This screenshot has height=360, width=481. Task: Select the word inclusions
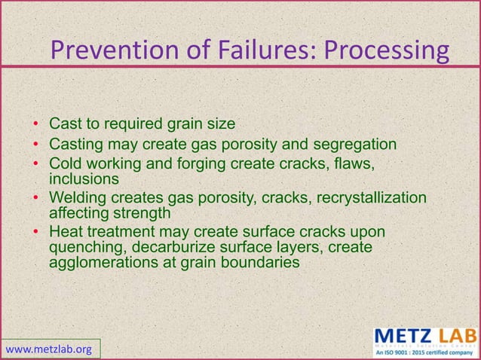click(84, 180)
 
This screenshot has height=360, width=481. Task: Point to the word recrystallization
click(365, 198)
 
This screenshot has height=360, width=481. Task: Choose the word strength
click(141, 214)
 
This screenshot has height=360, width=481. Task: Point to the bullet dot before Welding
click(36, 198)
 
